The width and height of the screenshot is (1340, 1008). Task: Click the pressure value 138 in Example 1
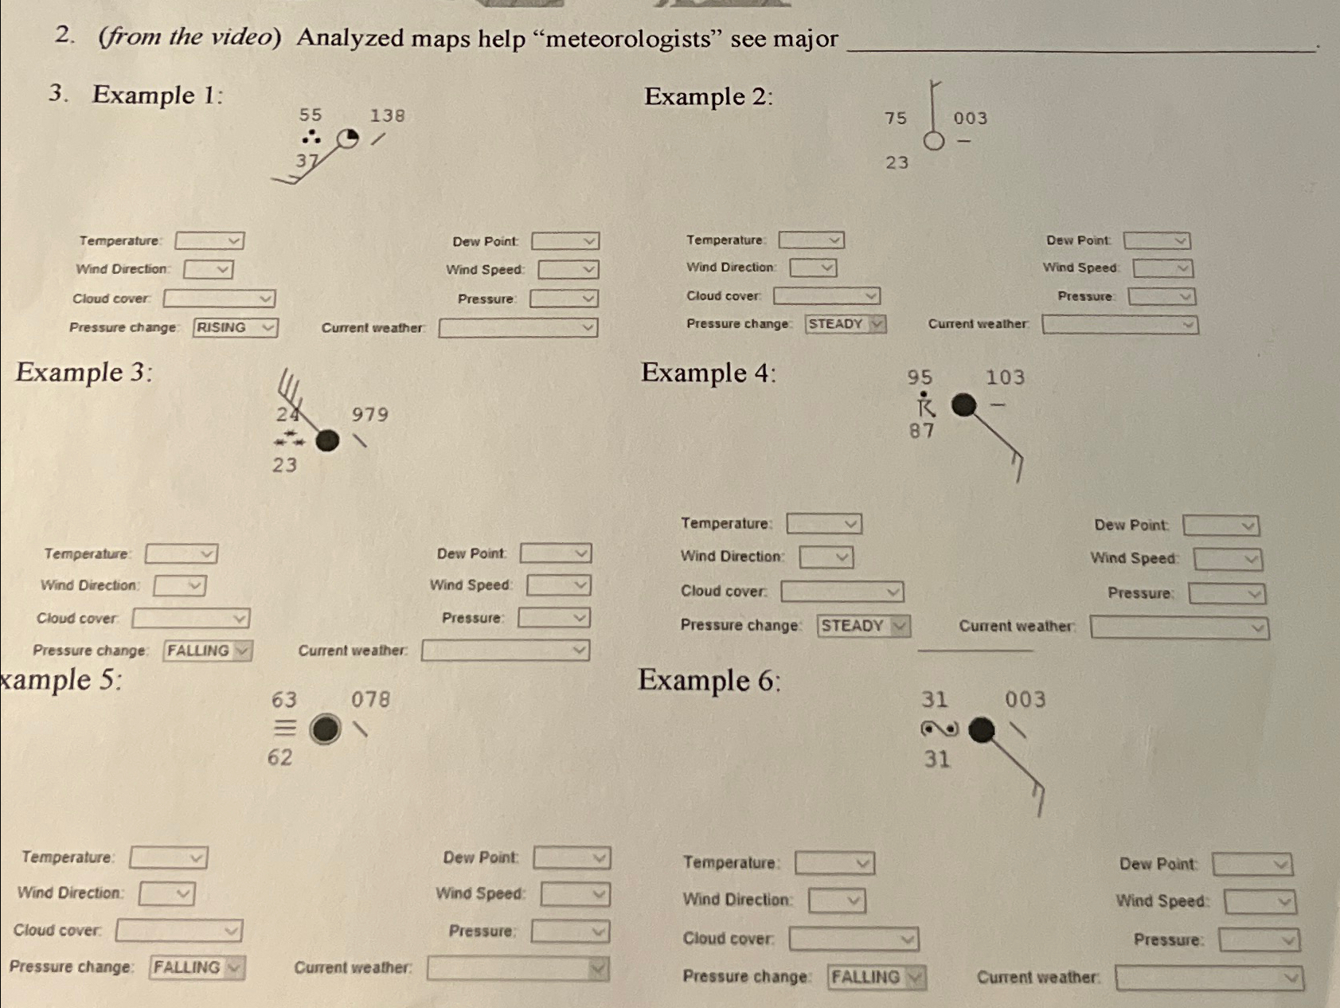tap(388, 115)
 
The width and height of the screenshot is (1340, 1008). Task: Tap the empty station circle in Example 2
tap(934, 141)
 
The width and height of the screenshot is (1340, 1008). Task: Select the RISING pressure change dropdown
tap(235, 327)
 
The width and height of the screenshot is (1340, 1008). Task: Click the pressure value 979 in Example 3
tap(370, 414)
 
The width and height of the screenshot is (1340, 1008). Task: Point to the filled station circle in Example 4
tap(963, 405)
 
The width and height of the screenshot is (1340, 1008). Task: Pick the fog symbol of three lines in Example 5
tap(285, 728)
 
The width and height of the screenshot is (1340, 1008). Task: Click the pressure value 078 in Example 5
tap(371, 699)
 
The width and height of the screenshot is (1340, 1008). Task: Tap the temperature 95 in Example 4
tap(920, 377)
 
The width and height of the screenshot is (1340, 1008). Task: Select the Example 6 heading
tap(709, 681)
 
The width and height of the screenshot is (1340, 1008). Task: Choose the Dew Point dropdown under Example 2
tap(1157, 240)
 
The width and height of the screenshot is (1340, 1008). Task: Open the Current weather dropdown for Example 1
tap(518, 328)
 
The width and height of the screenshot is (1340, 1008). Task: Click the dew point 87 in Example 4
tap(921, 431)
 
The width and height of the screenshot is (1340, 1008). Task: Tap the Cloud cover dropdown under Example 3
tap(190, 619)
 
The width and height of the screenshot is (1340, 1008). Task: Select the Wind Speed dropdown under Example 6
tap(1260, 902)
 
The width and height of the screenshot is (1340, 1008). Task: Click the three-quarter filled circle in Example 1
tap(347, 139)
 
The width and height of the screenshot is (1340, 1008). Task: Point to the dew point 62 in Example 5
tap(279, 757)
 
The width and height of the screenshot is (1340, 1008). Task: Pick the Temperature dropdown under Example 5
tap(168, 858)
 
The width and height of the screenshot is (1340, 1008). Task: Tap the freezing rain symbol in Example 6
tap(940, 729)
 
